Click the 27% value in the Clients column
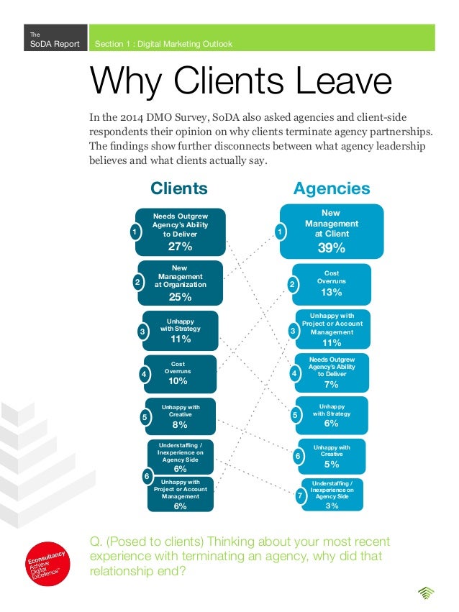180,247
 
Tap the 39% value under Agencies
331,248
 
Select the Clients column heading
178,188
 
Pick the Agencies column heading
332,188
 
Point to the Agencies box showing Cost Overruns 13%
332,283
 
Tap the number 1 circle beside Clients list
133,232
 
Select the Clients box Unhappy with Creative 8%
181,416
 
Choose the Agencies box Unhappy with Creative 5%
332,456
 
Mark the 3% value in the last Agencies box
332,506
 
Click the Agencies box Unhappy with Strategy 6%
332,415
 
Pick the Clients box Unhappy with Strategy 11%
181,331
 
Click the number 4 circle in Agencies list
294,374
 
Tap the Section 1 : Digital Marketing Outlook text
164,44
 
